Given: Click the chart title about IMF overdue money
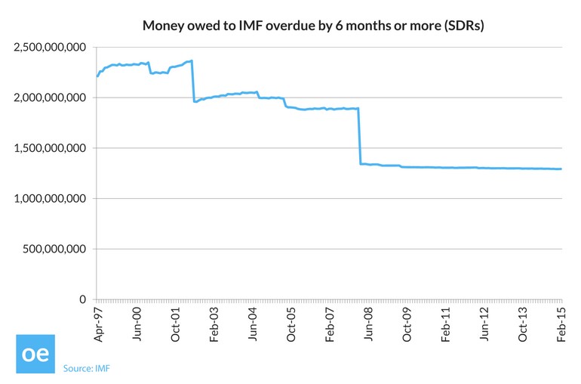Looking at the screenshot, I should click(313, 26).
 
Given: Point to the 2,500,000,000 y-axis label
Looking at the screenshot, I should click(51, 48).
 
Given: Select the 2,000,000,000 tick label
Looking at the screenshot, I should click(51, 98).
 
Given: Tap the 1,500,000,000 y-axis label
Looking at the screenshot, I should click(51, 148).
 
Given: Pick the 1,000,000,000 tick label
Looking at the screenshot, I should click(51, 199).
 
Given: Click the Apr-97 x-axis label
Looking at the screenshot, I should click(97, 325).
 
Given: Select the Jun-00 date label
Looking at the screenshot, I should click(137, 325).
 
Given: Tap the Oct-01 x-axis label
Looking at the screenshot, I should click(175, 325).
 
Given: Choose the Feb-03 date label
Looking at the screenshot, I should click(214, 325).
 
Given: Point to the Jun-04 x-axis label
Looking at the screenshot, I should click(253, 325).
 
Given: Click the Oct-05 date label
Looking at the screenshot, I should click(291, 325).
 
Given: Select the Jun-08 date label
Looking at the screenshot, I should click(369, 325).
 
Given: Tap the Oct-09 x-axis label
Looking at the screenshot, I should click(407, 325).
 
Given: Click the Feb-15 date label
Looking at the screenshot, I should click(562, 325).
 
